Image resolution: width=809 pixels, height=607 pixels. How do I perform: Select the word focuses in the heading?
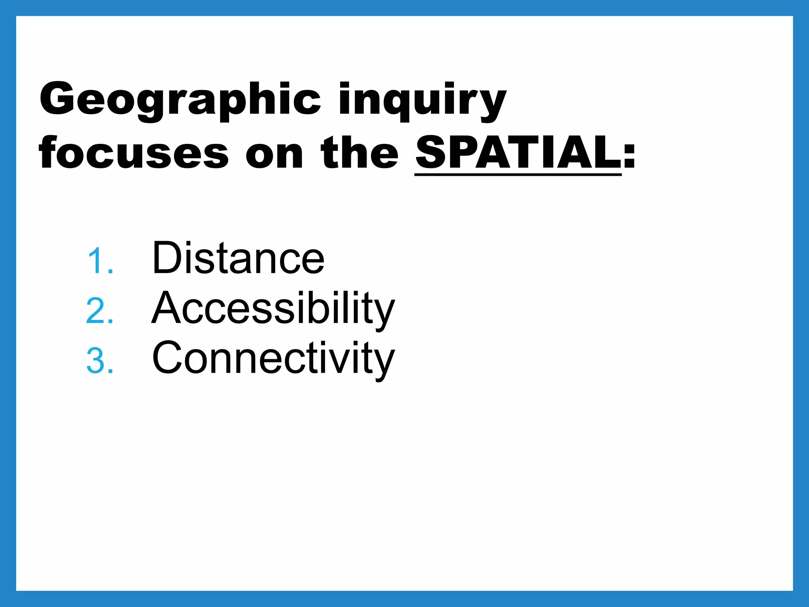pos(134,153)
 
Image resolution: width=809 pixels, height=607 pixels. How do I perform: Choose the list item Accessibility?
pos(273,309)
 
